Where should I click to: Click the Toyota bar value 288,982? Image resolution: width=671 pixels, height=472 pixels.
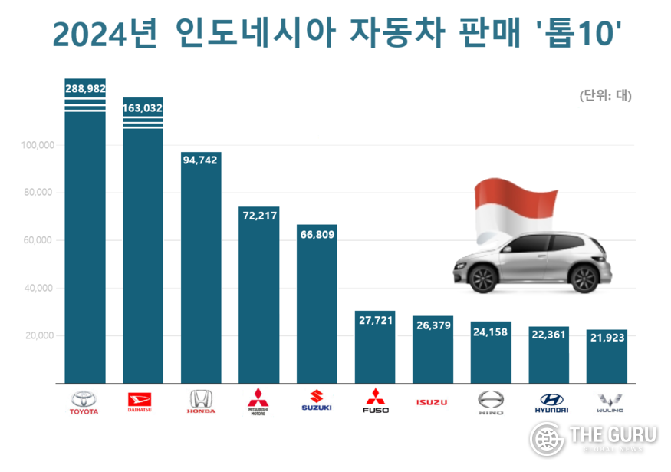click(x=85, y=89)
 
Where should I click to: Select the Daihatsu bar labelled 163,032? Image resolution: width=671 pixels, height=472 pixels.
click(x=143, y=108)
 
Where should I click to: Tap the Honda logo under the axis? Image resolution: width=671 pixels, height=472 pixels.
click(x=201, y=401)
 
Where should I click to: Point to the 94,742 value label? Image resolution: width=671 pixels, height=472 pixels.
click(x=201, y=160)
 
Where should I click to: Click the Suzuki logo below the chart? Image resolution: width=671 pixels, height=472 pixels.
click(x=316, y=401)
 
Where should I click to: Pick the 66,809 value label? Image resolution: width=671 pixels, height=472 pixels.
click(x=316, y=234)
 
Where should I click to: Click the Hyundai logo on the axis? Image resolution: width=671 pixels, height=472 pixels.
click(x=548, y=401)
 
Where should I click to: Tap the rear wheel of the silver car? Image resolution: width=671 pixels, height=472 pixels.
click(x=585, y=277)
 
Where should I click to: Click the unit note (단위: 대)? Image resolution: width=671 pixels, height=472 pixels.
click(x=605, y=96)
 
